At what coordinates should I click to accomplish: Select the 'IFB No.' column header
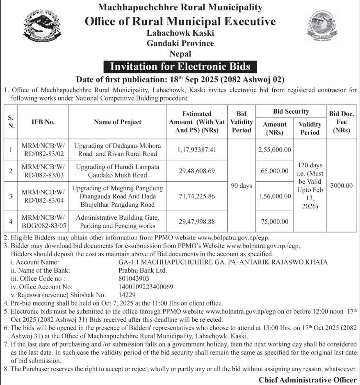coord(43,122)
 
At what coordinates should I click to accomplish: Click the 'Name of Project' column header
coord(117,122)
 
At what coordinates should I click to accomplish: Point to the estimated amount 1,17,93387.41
coord(197,150)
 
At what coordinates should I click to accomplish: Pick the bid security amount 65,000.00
coord(275,171)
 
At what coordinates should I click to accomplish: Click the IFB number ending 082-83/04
coord(43,196)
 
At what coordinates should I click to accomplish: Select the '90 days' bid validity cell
coord(242,186)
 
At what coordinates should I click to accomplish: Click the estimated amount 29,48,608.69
coord(197,171)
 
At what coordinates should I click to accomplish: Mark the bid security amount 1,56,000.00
coord(275,196)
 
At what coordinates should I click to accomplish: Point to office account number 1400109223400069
coord(146,287)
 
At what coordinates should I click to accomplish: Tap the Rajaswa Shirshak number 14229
coord(127,295)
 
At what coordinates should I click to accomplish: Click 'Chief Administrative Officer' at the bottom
coord(308,380)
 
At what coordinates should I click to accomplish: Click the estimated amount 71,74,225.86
coord(197,196)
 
